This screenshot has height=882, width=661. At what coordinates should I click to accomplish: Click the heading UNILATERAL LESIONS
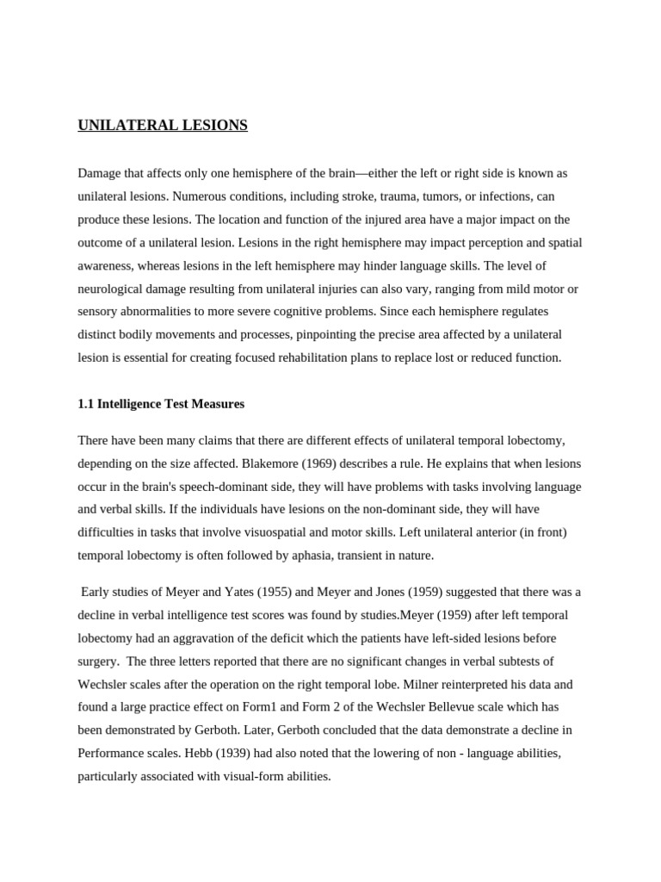[x=163, y=126]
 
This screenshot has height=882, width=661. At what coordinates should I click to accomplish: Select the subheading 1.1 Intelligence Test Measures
[x=161, y=403]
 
